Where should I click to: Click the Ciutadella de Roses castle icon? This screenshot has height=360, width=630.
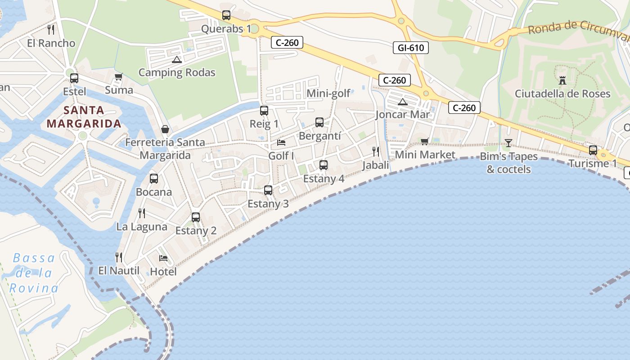(562, 81)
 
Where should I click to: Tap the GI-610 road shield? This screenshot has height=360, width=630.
(410, 48)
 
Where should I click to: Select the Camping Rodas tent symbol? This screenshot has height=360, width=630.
(176, 59)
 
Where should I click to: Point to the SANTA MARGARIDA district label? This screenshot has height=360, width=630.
(84, 117)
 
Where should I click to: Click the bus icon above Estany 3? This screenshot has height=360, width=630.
(268, 190)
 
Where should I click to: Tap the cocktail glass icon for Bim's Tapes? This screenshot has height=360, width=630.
(508, 143)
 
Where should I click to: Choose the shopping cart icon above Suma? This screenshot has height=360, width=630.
(118, 77)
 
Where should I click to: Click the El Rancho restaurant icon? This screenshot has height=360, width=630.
(51, 30)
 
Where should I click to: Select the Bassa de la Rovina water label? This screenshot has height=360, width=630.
(34, 273)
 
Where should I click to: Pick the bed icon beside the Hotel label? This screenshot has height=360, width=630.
(163, 258)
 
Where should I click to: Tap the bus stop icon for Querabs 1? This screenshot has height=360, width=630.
(226, 15)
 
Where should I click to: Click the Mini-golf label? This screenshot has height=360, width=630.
(328, 94)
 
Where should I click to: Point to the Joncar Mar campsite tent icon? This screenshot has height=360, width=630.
(402, 102)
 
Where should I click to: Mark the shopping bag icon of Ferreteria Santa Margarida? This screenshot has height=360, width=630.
(165, 129)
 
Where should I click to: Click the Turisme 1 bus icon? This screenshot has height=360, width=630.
(593, 150)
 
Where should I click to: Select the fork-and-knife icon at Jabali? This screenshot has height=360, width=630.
(376, 152)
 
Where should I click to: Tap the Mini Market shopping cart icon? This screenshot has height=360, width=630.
(424, 142)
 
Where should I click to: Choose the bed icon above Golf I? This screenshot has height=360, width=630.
(281, 143)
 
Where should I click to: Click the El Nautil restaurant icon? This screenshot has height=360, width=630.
(119, 257)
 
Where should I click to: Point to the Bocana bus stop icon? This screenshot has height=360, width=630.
(154, 179)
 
